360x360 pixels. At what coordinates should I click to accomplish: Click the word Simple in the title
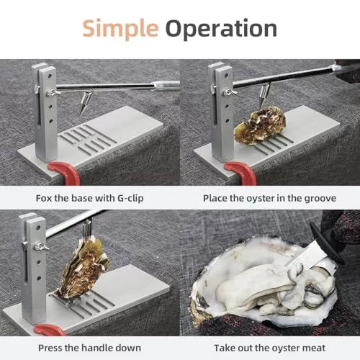point(120,30)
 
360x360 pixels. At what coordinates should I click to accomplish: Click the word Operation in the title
point(221,30)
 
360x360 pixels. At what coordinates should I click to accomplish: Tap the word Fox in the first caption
point(44,198)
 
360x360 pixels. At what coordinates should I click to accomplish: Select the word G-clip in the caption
point(130,199)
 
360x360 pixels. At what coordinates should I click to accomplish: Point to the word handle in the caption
point(96,348)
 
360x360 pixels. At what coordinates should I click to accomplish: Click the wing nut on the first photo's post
point(53,93)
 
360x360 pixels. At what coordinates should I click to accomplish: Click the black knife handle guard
point(326,243)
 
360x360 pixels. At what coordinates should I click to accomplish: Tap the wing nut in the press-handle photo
point(41,246)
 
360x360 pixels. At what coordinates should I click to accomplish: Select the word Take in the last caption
point(225,348)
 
